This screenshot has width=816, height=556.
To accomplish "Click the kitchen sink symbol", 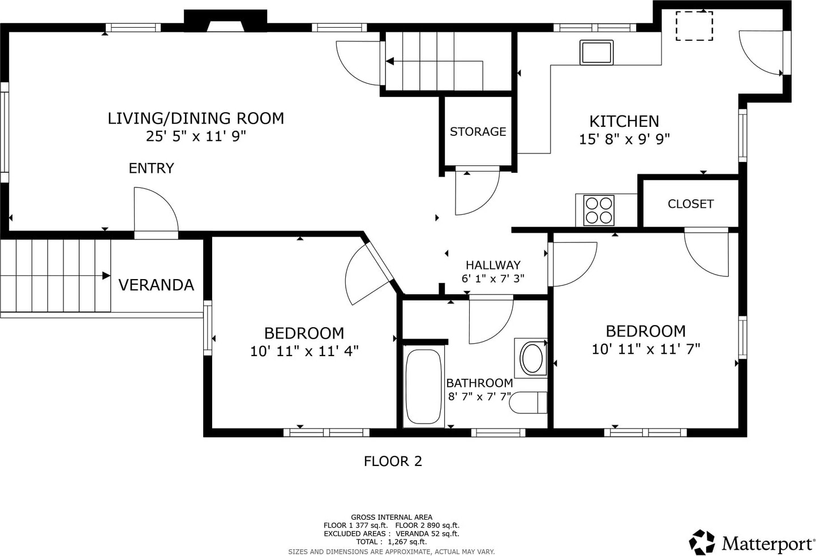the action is (x=596, y=53).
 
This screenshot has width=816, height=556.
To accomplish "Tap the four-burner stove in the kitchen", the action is (x=599, y=211).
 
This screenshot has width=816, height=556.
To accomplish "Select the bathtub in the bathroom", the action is (x=423, y=387).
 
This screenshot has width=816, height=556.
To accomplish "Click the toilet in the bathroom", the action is (x=528, y=403).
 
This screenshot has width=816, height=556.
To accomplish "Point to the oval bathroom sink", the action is (x=532, y=358).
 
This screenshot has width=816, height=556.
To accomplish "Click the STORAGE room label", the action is (x=478, y=131).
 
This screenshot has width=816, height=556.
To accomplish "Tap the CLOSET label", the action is (x=690, y=204).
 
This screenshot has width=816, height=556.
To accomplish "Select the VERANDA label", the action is (x=156, y=285).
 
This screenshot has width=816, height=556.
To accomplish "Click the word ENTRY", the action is (x=151, y=168).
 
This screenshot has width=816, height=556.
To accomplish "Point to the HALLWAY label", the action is (x=493, y=265).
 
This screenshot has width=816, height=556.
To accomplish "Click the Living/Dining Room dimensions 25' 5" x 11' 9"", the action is (x=196, y=136).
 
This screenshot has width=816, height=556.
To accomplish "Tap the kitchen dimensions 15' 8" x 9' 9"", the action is (x=624, y=139).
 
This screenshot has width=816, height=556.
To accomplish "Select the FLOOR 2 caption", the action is (x=393, y=461).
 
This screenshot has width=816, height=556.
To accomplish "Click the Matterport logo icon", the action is (x=702, y=542).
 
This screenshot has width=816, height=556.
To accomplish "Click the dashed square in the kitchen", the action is (x=694, y=25).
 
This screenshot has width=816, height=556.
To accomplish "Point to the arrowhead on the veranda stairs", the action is (x=106, y=276).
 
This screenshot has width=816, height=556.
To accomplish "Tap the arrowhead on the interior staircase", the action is (x=390, y=61).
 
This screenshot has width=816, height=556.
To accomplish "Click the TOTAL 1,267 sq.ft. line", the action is (x=391, y=542).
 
